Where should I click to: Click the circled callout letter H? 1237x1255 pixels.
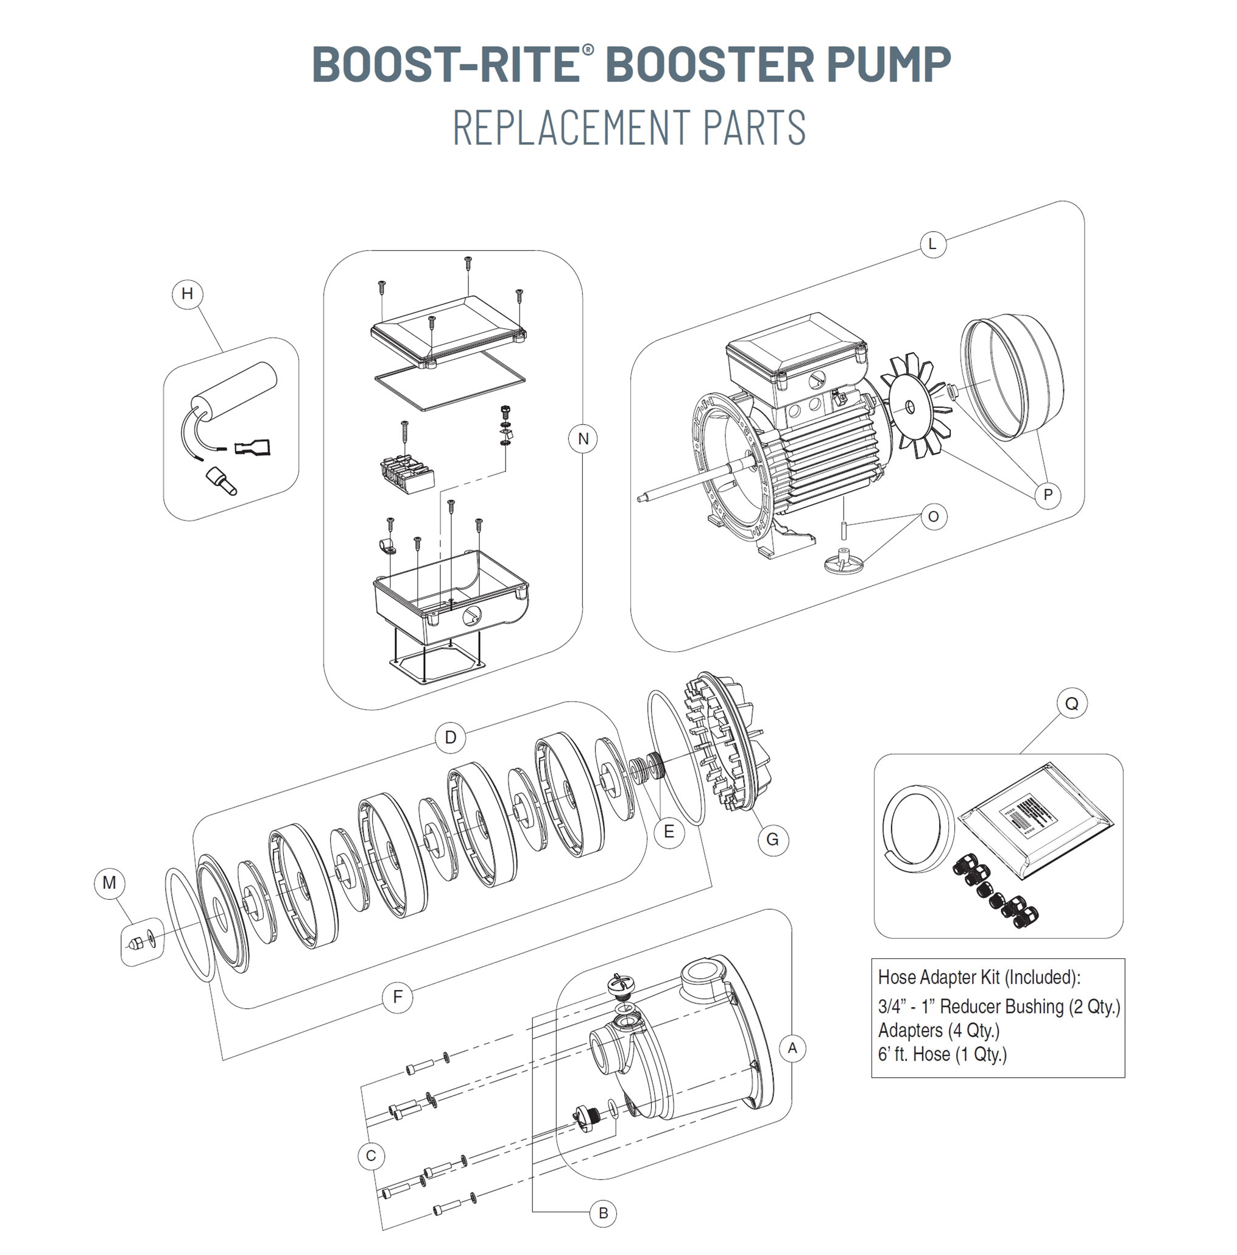(x=187, y=294)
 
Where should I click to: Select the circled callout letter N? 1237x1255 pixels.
(x=582, y=439)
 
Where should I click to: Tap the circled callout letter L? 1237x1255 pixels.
(x=932, y=244)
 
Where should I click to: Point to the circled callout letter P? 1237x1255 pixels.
(x=1048, y=495)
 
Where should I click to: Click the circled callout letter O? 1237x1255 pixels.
(x=933, y=517)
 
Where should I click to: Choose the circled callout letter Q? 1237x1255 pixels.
(x=1071, y=703)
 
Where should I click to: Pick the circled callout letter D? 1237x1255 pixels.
(x=450, y=737)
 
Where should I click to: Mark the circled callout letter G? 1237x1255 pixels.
(x=772, y=840)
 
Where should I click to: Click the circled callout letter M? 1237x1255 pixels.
(x=109, y=883)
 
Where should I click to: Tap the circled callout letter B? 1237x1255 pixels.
(x=603, y=1213)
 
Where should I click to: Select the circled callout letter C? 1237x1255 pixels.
(x=371, y=1156)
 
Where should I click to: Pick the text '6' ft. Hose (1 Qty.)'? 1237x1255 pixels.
(x=942, y=1053)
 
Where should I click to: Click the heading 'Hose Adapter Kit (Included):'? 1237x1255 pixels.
(x=979, y=977)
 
